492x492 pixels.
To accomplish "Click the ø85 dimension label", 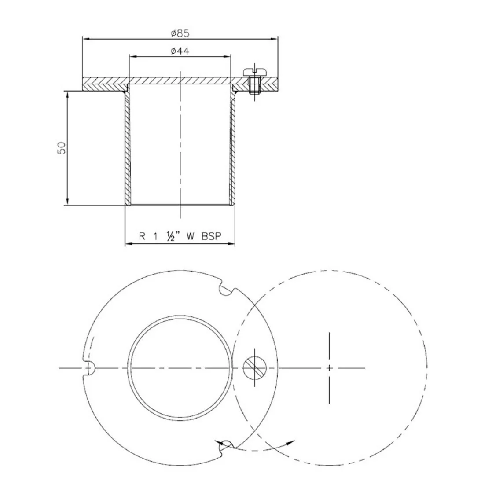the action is tap(180, 33).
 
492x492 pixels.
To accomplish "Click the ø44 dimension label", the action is tap(180, 51).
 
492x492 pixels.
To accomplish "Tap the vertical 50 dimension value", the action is tap(62, 148).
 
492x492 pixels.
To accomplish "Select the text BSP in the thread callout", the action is tap(212, 236).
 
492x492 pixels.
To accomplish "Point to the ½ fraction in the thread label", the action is tap(171, 236).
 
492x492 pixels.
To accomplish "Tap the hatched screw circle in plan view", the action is tap(254, 368).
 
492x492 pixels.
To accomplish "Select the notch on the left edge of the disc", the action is tap(88, 368).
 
